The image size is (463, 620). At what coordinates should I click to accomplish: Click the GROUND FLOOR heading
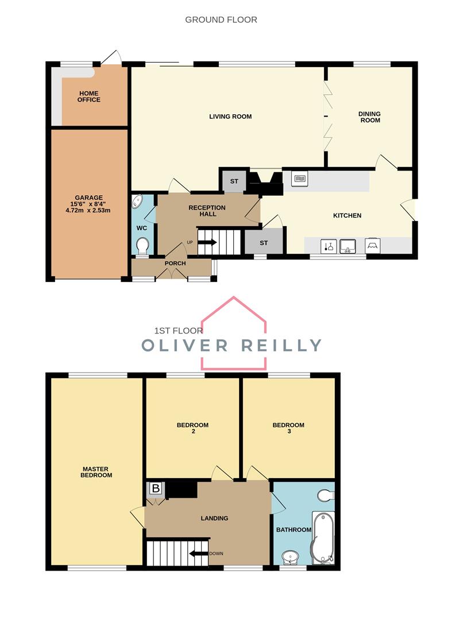(x=221, y=20)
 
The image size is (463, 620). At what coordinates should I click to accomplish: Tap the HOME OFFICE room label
(x=89, y=96)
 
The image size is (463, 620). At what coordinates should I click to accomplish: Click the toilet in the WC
(x=143, y=246)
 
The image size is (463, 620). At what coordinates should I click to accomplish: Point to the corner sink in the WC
(x=138, y=202)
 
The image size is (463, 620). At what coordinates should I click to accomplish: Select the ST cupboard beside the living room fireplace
(x=234, y=181)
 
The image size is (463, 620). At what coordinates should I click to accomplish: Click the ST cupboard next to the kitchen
(x=264, y=243)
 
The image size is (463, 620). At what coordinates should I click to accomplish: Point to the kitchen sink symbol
(x=348, y=246)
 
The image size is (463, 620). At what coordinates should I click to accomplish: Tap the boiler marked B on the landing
(x=156, y=489)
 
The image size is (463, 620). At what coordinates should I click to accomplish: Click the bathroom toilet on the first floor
(x=325, y=494)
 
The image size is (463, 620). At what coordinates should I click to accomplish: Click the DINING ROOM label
(x=369, y=117)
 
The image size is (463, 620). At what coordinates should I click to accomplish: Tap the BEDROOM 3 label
(x=288, y=428)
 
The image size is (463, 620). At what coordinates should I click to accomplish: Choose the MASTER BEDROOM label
(x=97, y=472)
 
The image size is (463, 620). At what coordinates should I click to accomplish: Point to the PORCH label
(x=175, y=263)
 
